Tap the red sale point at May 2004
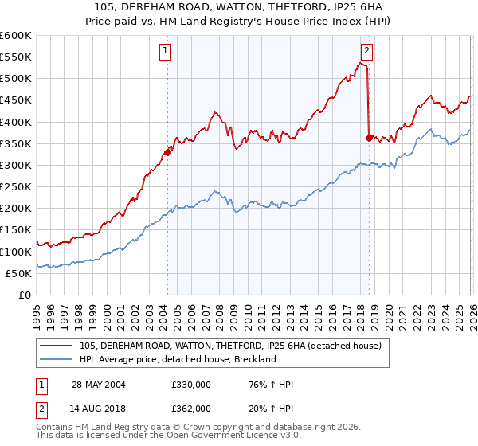tap(167, 152)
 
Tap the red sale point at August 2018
tap(368, 138)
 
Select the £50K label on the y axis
tap(18, 274)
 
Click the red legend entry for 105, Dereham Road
tap(230, 346)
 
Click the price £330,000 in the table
tap(190, 385)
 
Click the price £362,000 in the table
tap(190, 408)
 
